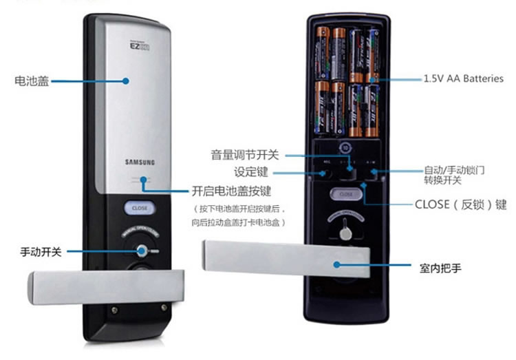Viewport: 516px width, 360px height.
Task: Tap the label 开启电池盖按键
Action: click(225, 191)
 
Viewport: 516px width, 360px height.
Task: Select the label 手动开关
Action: click(41, 252)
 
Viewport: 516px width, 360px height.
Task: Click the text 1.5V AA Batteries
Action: click(463, 79)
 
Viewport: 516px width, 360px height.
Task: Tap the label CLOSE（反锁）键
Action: click(460, 204)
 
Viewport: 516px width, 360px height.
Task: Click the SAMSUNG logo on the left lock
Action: click(140, 162)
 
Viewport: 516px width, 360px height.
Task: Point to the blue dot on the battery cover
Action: click(126, 80)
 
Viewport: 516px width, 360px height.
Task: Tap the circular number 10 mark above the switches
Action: click(346, 147)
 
